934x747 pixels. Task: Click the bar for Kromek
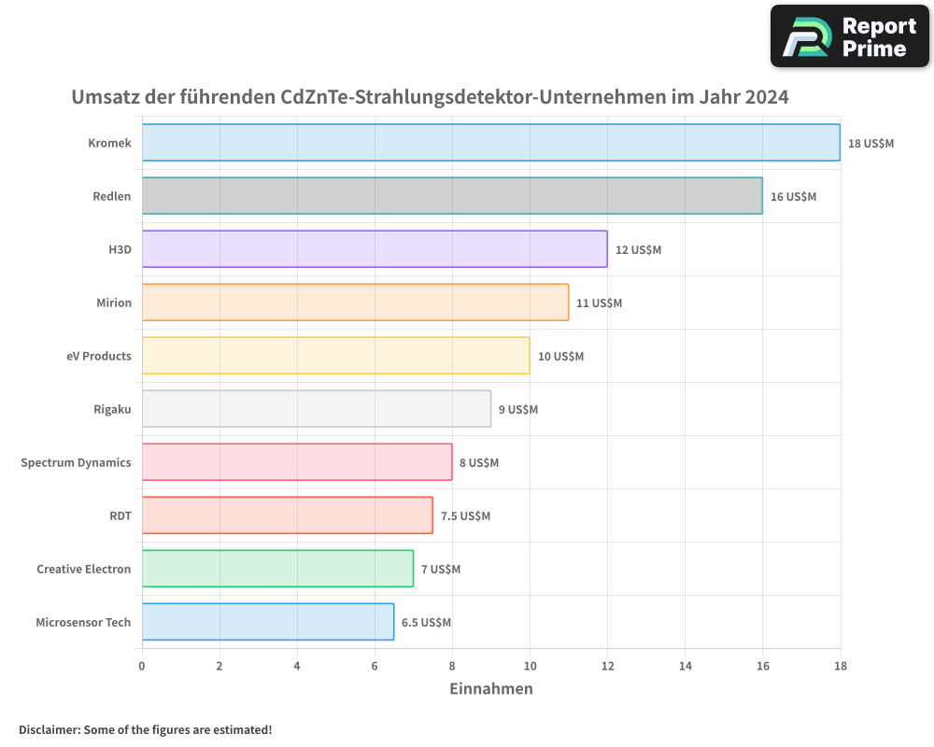tap(490, 143)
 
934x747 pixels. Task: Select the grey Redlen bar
tap(452, 196)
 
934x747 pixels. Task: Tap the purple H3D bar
tap(375, 249)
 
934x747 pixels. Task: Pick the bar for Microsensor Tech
tap(268, 622)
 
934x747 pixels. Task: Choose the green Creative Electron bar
tap(277, 569)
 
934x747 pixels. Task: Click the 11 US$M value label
tap(599, 303)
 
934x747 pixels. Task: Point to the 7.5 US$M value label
tap(465, 516)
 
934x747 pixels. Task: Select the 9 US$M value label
tap(518, 410)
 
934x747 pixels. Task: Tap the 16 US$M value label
tap(793, 197)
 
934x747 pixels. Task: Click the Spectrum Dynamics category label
tap(76, 462)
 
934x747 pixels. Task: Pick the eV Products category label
tap(99, 356)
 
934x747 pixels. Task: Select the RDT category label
tap(120, 515)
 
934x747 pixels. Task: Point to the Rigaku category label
tap(112, 409)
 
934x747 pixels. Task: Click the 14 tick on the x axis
tap(685, 666)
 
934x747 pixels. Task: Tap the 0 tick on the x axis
tap(142, 666)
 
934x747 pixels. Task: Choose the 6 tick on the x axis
tap(375, 666)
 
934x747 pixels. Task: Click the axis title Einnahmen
tap(491, 689)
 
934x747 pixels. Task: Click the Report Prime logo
tap(850, 36)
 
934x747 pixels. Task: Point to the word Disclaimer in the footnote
tap(49, 729)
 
